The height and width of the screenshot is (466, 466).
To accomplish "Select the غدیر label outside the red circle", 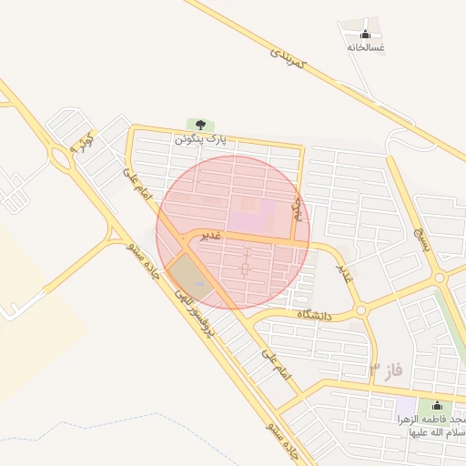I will [x=344, y=272].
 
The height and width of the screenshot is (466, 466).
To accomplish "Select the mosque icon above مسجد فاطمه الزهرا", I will [x=437, y=405].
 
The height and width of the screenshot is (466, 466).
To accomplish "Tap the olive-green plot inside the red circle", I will [x=189, y=274].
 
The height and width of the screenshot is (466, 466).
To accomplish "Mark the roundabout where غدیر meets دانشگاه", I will [x=360, y=310].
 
